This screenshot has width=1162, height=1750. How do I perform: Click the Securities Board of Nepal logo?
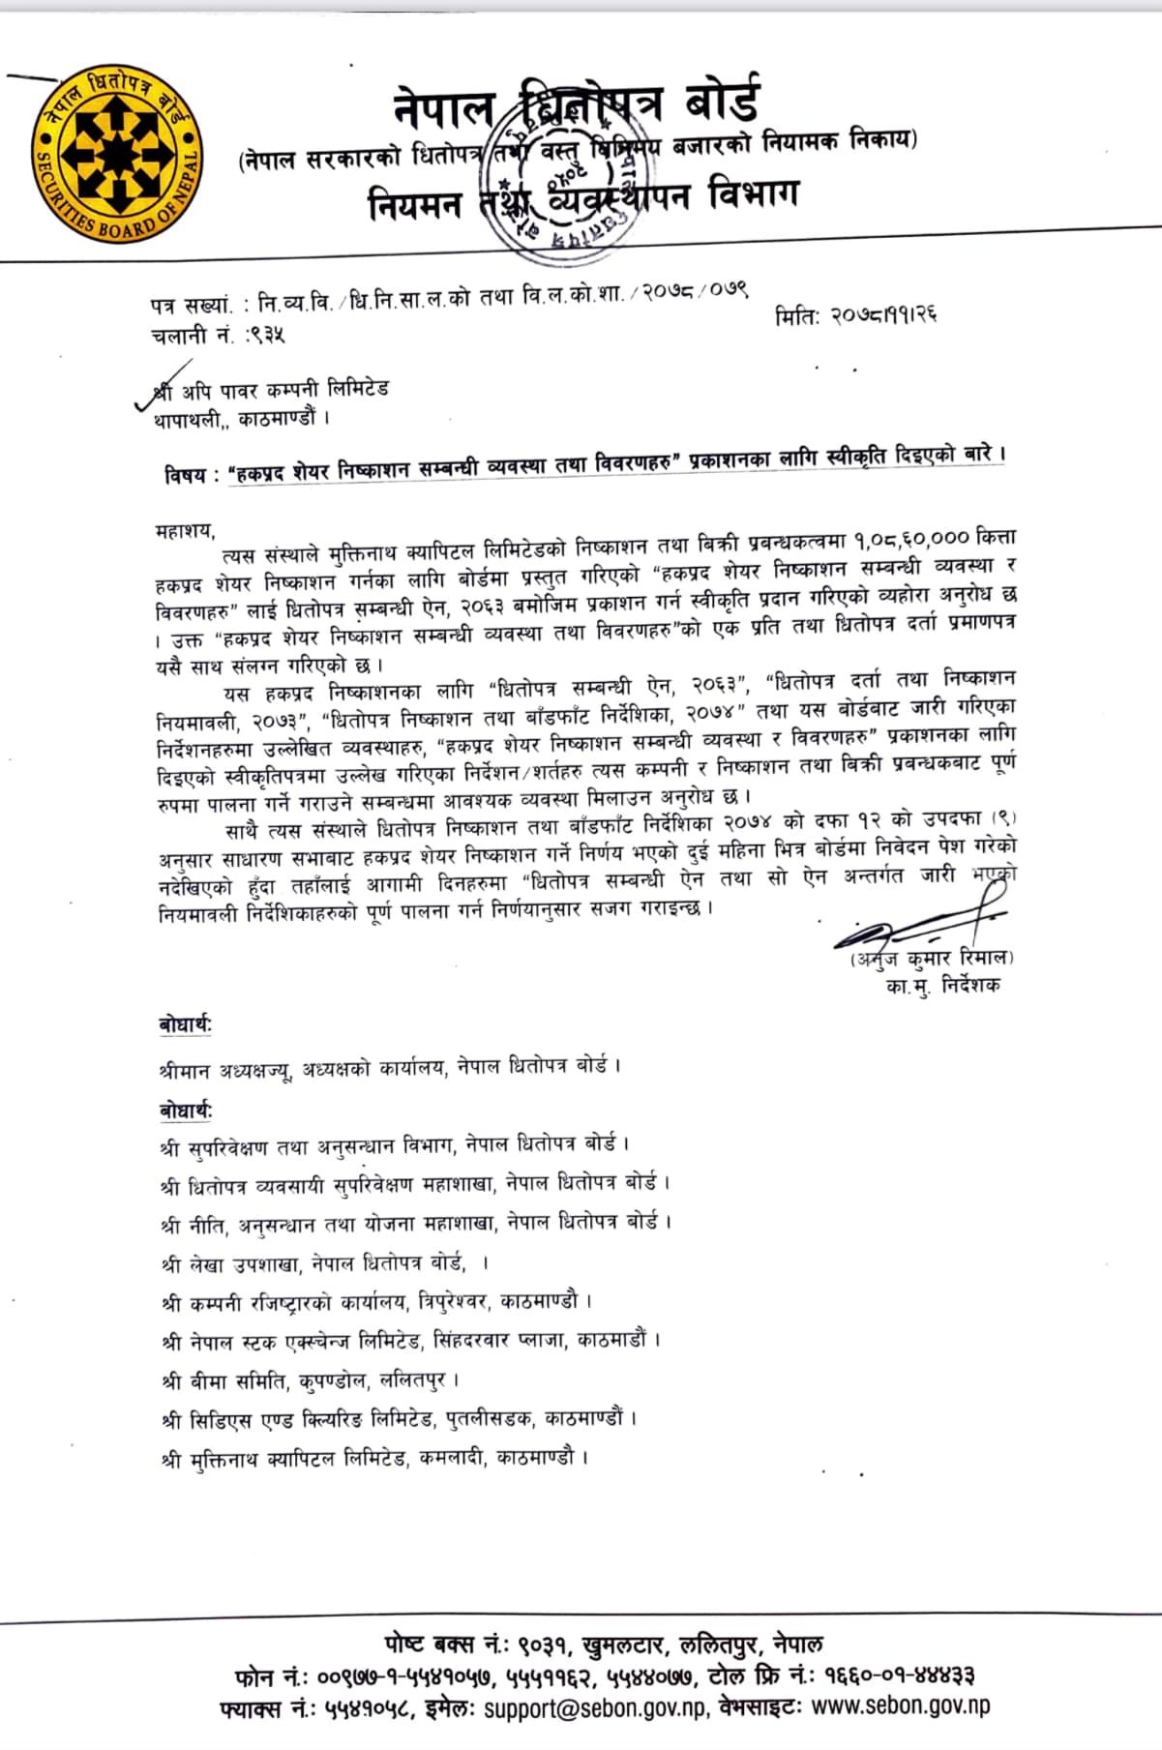tap(115, 155)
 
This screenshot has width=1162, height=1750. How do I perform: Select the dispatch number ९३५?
tap(265, 336)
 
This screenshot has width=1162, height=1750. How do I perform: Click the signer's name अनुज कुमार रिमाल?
tap(932, 958)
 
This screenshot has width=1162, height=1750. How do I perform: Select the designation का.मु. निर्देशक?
tap(942, 985)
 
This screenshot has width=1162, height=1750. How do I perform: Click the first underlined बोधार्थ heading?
tap(186, 1025)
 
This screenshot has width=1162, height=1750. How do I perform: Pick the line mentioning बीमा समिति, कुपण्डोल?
tap(309, 1379)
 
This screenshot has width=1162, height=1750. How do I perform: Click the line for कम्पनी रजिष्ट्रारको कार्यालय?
tap(376, 1301)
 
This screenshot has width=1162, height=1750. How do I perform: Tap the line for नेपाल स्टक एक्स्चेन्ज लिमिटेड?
tap(410, 1341)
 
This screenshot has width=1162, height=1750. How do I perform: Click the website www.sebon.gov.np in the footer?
tap(901, 1706)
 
